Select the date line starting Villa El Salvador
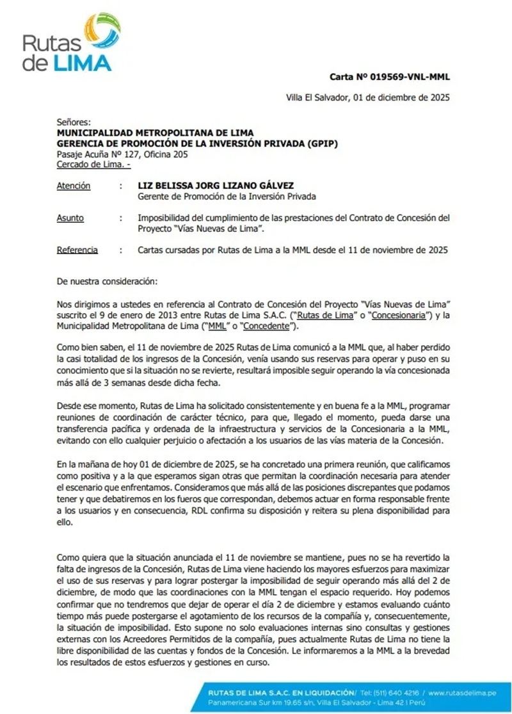pyautogui.click(x=367, y=98)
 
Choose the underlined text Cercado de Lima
pyautogui.click(x=92, y=165)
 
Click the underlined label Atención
pyautogui.click(x=74, y=186)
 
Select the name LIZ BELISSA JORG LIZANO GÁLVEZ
pyautogui.click(x=216, y=186)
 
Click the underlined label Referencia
pyautogui.click(x=77, y=250)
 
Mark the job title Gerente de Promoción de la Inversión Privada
pyautogui.click(x=227, y=197)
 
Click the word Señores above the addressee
pyautogui.click(x=74, y=122)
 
